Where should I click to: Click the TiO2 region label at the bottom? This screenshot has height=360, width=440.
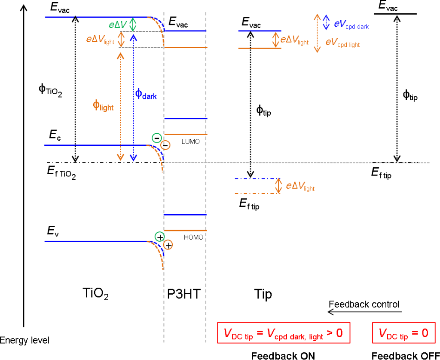coord(95,294)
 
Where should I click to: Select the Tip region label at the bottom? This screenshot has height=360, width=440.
coord(263,294)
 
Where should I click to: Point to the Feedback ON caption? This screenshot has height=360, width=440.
coord(283,355)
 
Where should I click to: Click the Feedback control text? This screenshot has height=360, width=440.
coord(364,304)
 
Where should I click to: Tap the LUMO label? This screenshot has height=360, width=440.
coord(191,141)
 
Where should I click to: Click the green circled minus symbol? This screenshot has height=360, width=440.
coord(156,138)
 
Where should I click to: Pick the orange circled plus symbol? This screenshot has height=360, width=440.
coord(168,245)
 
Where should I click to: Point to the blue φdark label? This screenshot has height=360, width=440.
coord(146,94)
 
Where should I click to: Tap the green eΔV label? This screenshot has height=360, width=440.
coord(117,25)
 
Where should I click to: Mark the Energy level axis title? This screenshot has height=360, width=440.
coord(24,341)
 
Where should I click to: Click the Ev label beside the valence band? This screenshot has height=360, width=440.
coord(53,232)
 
